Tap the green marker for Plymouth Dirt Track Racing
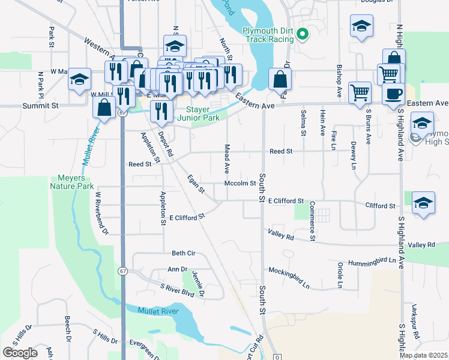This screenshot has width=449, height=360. pyautogui.click(x=303, y=35)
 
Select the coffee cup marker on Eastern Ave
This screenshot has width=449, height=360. pyautogui.click(x=393, y=95)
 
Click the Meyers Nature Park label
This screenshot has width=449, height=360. pyautogui.click(x=76, y=182)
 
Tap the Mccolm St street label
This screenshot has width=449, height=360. pyautogui.click(x=240, y=184)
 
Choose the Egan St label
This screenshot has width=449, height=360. pyautogui.click(x=196, y=184)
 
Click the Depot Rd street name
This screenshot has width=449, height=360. pyautogui.click(x=166, y=145)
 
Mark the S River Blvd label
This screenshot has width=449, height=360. pyautogui.click(x=177, y=290)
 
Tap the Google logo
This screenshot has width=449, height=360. pyautogui.click(x=20, y=353)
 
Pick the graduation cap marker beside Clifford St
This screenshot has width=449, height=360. pyautogui.click(x=423, y=204)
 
